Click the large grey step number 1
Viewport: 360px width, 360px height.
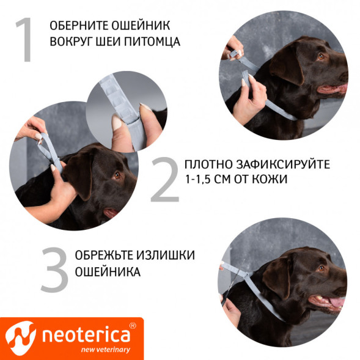25,40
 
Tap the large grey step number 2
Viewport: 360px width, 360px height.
165,180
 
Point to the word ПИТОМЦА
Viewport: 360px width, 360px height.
152,42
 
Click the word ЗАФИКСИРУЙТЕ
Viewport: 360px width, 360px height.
283,164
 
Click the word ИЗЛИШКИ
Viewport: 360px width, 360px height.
166,255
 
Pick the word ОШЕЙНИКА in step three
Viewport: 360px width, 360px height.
108,271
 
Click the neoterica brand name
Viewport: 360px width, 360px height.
86,336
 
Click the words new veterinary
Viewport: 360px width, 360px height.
105,350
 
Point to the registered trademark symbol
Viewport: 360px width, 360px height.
133,326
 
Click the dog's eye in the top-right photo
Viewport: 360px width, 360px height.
321,56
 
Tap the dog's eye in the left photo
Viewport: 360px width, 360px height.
117,175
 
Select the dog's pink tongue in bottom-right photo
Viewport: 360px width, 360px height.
337,302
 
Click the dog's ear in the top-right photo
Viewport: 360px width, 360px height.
287,65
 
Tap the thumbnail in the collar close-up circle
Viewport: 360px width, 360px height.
117,122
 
